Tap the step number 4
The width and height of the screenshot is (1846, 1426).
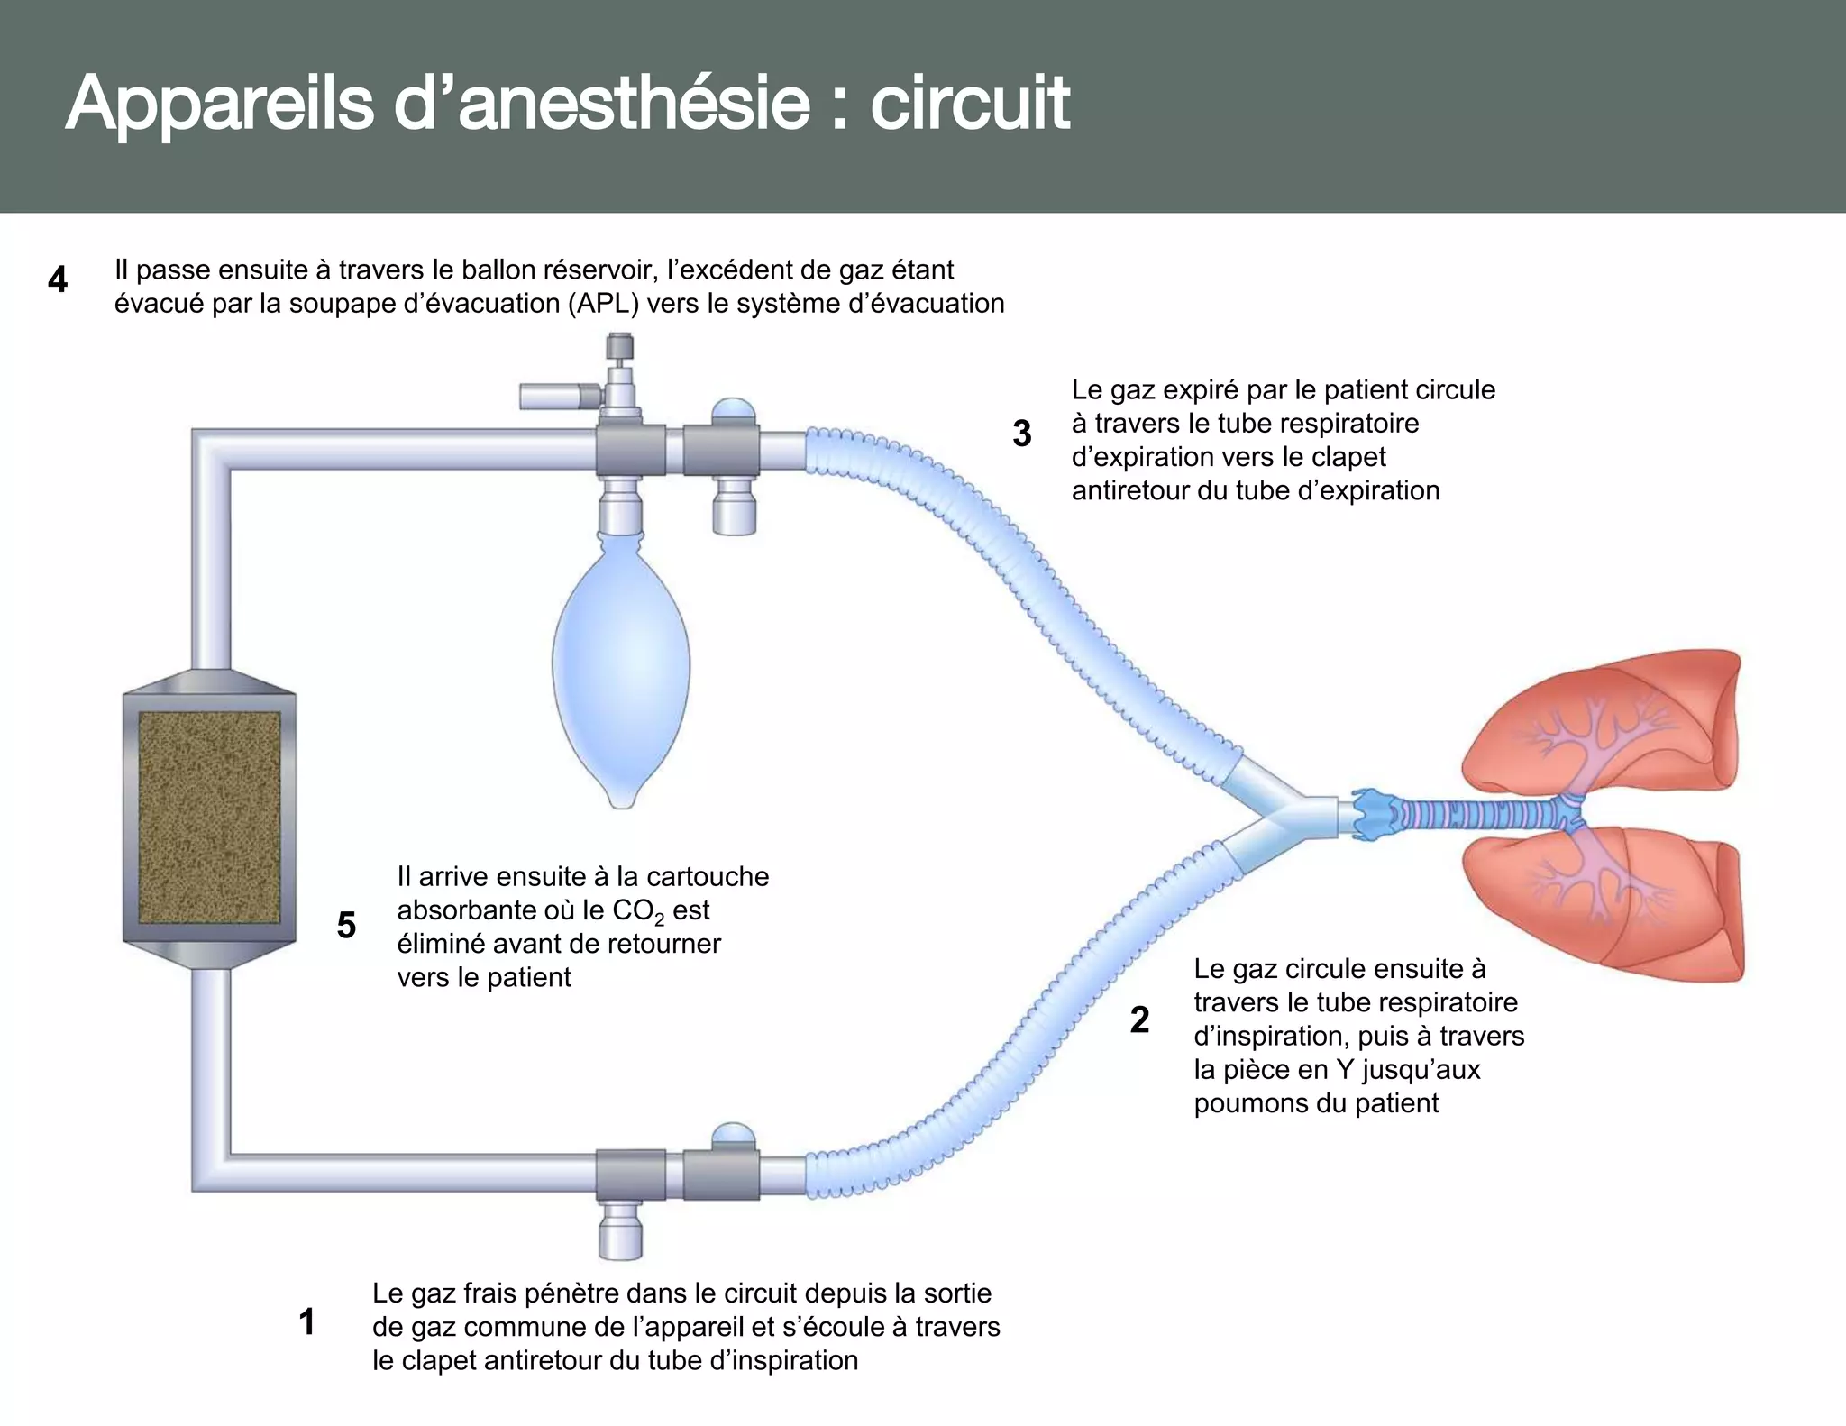[58, 280]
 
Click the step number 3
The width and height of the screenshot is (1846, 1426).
[1021, 434]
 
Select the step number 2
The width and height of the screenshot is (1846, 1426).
[1139, 1020]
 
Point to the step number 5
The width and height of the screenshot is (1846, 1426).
[346, 926]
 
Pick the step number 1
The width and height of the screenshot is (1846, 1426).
[306, 1322]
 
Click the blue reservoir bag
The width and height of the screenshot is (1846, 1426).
[620, 667]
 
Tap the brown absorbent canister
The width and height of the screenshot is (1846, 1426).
[209, 818]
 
